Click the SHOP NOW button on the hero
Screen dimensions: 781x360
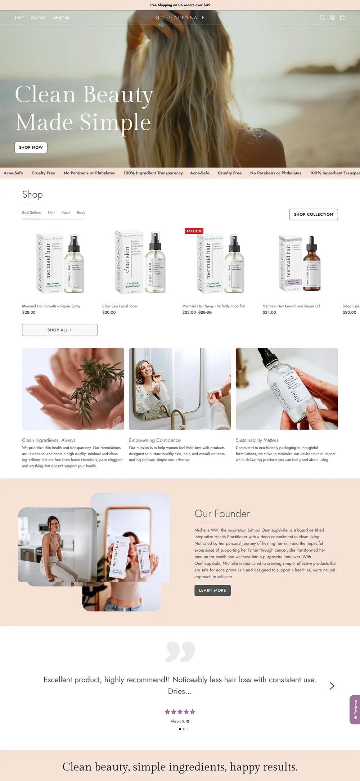[31, 147]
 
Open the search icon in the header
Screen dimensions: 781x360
[322, 17]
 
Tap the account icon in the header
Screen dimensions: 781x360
[333, 17]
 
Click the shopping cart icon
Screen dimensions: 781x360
[343, 17]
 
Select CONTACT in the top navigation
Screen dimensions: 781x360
[38, 18]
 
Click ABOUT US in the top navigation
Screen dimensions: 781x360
[61, 18]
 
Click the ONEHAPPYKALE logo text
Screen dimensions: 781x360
[180, 17]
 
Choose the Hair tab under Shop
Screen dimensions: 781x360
[51, 212]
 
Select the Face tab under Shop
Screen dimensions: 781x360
[66, 212]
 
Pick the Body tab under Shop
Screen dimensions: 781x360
[81, 212]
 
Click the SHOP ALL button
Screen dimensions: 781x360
[60, 330]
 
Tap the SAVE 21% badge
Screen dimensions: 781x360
[194, 231]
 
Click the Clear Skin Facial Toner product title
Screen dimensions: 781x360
[120, 306]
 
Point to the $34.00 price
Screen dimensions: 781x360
[269, 313]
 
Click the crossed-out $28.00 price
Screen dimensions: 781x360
[205, 313]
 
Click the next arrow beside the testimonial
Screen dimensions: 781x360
[332, 686]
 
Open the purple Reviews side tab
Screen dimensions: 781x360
[355, 709]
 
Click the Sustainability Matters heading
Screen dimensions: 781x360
[257, 440]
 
